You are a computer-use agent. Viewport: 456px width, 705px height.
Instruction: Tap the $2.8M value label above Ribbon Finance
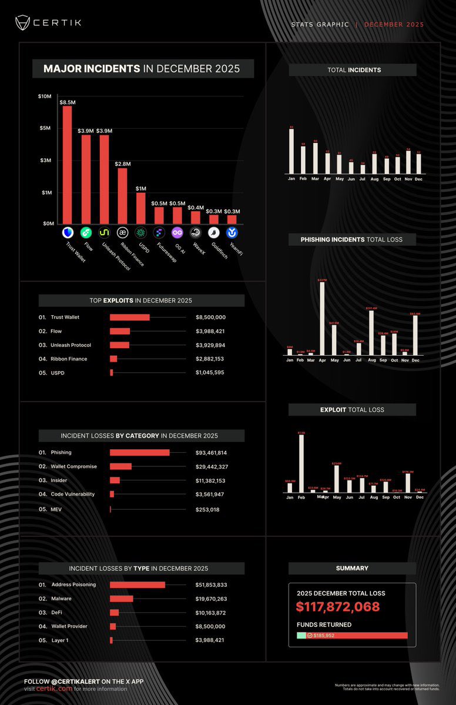tap(122, 164)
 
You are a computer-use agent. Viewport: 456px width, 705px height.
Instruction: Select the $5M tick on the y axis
tap(44, 128)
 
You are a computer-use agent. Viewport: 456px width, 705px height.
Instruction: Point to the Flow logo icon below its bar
tap(86, 233)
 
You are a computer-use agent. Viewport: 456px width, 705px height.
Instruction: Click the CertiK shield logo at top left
tap(22, 23)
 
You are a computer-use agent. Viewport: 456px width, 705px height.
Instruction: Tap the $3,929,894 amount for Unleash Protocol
tap(210, 345)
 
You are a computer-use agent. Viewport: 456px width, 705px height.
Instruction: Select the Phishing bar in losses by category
tap(139, 453)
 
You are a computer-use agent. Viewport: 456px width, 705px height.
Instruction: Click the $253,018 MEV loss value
tap(207, 510)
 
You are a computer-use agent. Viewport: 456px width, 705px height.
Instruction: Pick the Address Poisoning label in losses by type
tap(73, 585)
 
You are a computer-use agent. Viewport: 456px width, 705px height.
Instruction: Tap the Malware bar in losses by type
tap(122, 599)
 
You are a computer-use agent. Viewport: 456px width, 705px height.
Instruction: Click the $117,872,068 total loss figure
tap(338, 607)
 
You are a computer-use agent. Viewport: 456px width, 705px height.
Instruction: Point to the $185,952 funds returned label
tap(323, 636)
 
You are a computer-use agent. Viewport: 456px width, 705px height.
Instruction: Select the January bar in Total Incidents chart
tap(291, 151)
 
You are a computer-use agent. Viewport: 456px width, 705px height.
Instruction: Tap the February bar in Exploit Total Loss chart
tap(301, 463)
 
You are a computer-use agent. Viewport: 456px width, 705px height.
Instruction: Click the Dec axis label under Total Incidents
tap(418, 179)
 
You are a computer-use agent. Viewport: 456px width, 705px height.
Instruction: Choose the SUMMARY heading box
tap(352, 569)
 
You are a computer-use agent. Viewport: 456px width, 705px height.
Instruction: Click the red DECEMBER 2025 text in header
tap(394, 25)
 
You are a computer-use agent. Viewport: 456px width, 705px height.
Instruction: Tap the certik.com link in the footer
tap(55, 689)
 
